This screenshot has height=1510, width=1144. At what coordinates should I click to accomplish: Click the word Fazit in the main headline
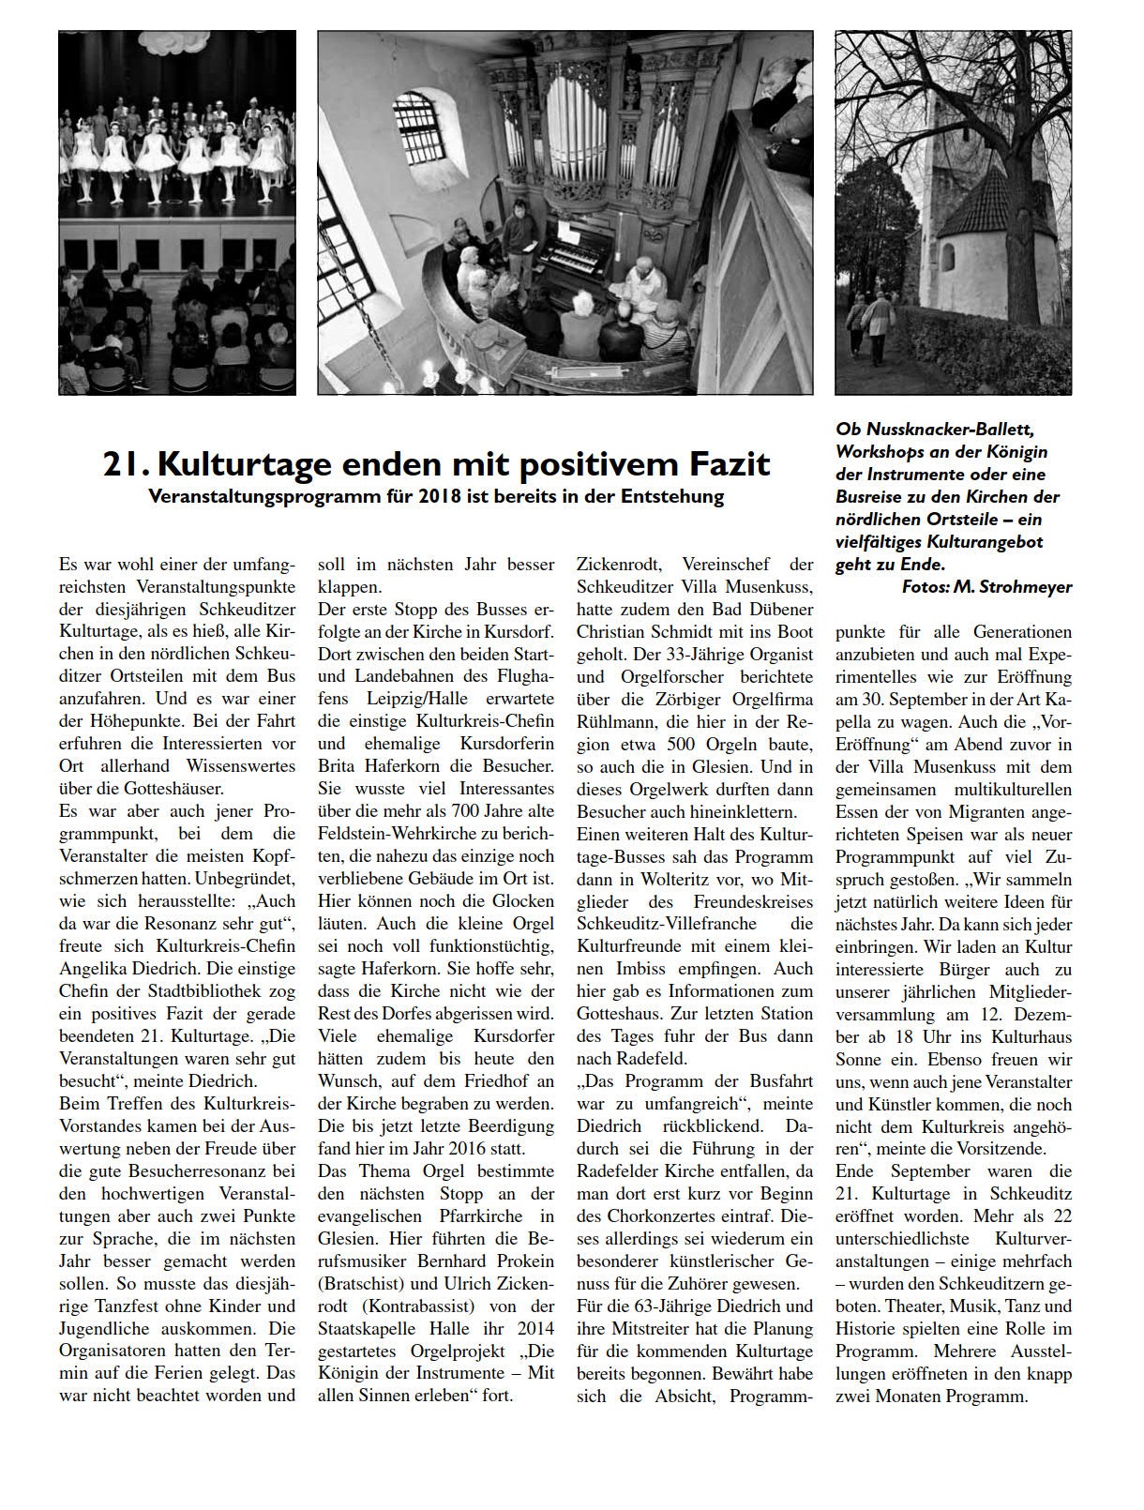tap(722, 463)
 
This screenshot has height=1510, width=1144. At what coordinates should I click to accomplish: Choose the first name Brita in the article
tap(336, 766)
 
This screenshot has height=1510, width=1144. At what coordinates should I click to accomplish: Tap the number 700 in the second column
tap(469, 811)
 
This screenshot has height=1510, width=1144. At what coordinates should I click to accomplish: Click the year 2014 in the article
tap(534, 1328)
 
